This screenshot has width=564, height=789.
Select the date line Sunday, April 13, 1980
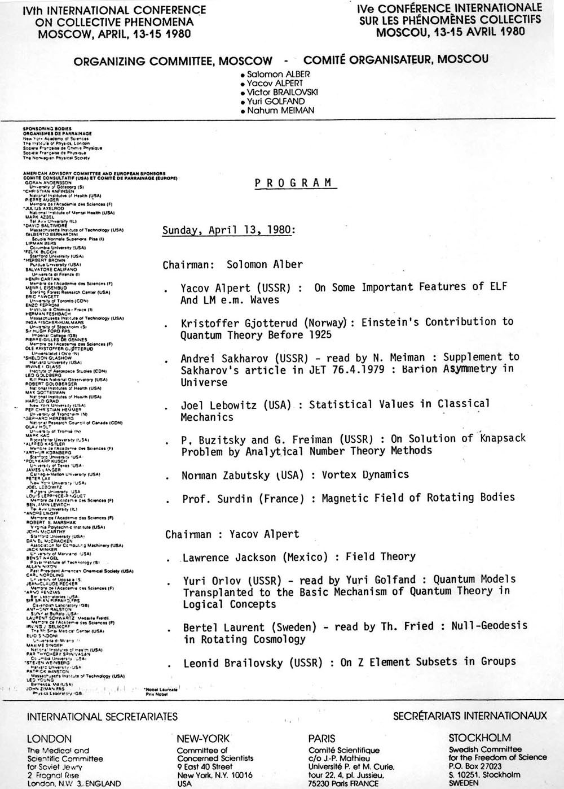click(228, 230)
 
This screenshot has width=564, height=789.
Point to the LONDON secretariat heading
click(49, 739)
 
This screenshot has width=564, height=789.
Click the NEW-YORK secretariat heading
click(203, 738)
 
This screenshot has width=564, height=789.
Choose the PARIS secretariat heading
click(321, 738)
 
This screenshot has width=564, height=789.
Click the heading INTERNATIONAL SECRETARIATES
click(102, 717)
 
